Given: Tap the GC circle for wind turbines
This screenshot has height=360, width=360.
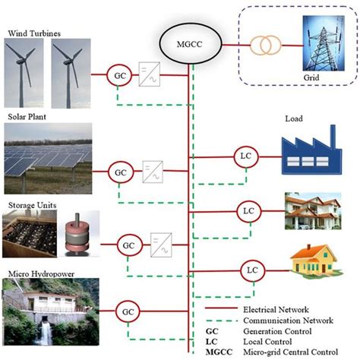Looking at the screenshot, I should pos(119,76).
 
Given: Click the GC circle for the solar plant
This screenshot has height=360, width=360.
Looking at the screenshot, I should pos(120,172).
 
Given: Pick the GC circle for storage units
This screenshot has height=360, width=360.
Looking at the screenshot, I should pos(128,246).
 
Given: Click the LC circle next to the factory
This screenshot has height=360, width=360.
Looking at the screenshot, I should pos(244,157).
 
